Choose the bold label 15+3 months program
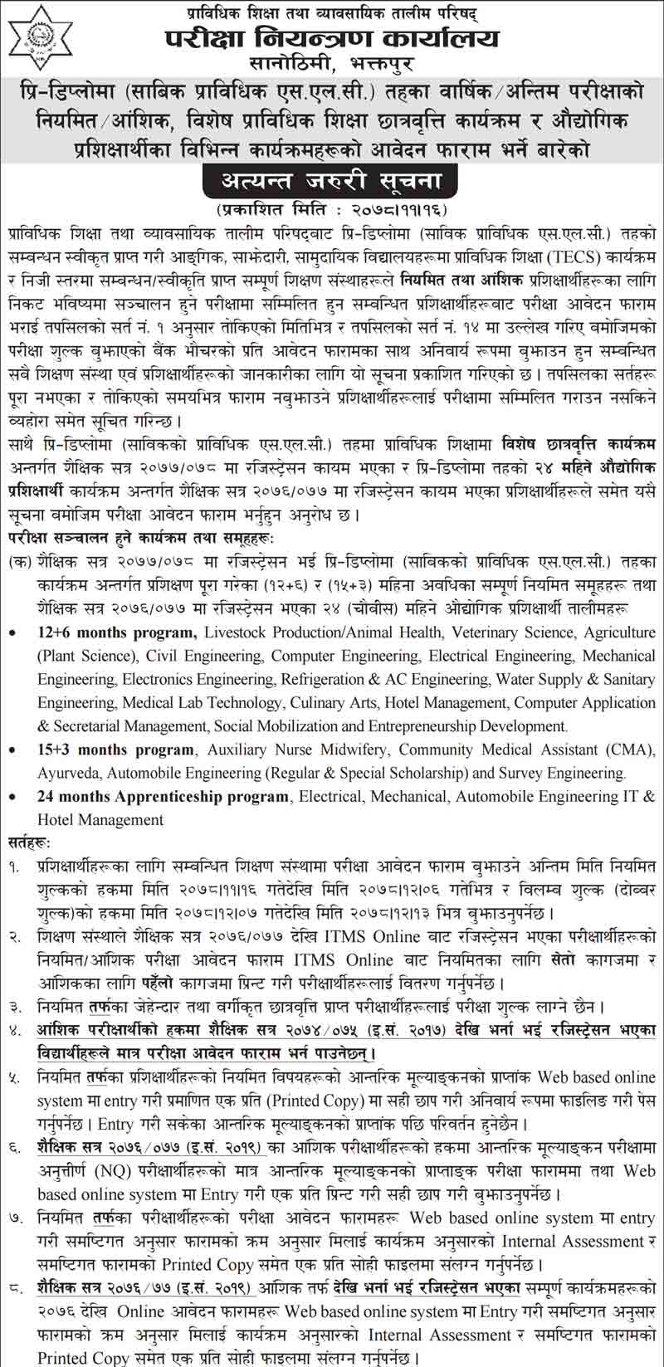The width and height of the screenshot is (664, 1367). pos(115,749)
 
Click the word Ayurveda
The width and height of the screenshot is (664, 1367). pos(70,773)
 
